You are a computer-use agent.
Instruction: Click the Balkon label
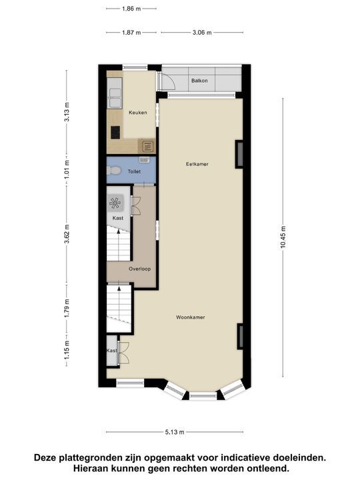(199, 81)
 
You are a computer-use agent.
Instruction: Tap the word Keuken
(119, 113)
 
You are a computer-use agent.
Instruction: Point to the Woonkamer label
(190, 317)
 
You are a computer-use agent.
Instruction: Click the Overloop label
(140, 269)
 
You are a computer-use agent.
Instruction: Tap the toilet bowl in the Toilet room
(115, 171)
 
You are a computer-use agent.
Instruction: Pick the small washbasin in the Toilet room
(144, 160)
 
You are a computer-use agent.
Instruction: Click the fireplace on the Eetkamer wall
(238, 153)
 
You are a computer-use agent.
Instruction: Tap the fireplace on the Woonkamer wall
(240, 335)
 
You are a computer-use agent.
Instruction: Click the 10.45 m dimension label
(283, 236)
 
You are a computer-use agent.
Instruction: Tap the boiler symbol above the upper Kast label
(116, 203)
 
